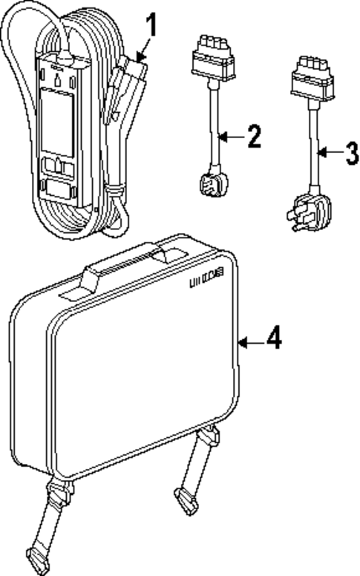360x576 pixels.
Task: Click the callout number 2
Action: pos(253,137)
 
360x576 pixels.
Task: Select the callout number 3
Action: pos(351,155)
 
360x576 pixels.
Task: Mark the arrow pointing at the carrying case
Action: pos(250,341)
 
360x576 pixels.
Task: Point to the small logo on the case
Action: pos(210,281)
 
